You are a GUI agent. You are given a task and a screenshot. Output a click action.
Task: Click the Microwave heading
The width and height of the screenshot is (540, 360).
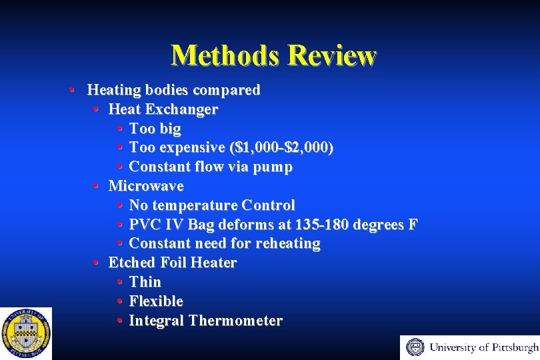click(146, 185)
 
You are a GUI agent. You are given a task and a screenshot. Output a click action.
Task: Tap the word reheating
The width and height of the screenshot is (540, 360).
click(288, 243)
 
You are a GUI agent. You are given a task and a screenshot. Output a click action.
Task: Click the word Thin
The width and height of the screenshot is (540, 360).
click(145, 282)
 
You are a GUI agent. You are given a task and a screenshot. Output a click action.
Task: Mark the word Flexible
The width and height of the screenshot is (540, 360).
click(156, 301)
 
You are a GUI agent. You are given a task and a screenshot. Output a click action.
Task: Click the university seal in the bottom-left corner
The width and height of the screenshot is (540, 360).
click(25, 333)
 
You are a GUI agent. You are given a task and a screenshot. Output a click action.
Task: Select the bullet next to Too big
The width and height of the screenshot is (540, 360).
click(119, 128)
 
